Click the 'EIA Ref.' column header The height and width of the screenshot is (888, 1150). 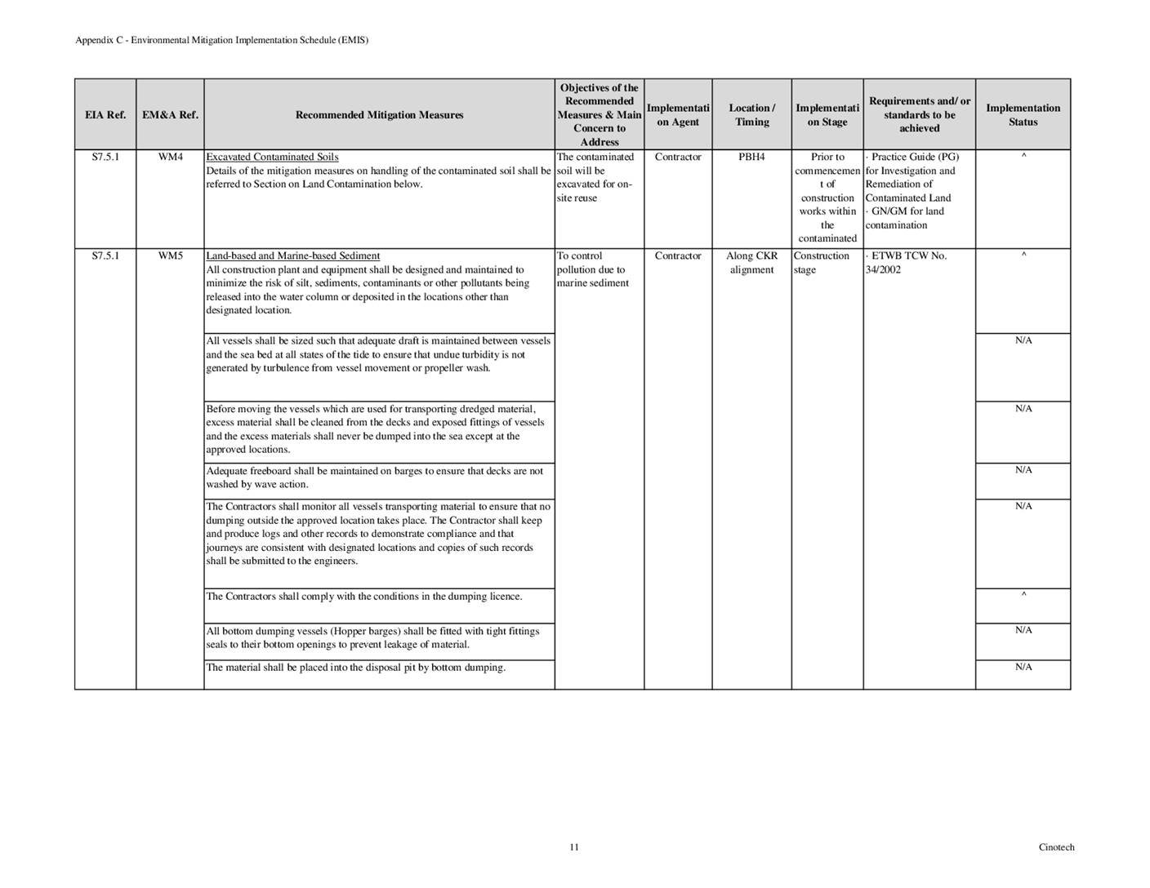click(x=105, y=115)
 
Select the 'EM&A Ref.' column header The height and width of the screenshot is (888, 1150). click(x=170, y=115)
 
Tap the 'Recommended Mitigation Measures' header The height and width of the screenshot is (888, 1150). click(x=379, y=115)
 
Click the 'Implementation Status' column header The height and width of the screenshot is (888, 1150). click(x=1023, y=115)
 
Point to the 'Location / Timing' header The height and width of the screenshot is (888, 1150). click(x=751, y=115)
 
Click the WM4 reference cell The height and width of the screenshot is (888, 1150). click(x=170, y=157)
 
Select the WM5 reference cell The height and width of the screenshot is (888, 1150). click(x=170, y=256)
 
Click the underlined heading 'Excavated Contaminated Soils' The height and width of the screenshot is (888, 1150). click(x=272, y=157)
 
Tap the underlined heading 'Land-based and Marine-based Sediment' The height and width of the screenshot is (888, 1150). click(x=292, y=256)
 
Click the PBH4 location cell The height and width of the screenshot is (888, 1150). click(x=751, y=157)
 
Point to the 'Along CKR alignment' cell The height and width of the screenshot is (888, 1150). click(x=751, y=263)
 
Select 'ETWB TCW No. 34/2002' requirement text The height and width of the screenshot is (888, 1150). click(x=905, y=263)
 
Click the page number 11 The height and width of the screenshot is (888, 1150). click(x=574, y=847)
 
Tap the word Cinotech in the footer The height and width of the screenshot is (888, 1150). click(x=1056, y=847)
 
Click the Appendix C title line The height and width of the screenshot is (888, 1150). click(x=221, y=40)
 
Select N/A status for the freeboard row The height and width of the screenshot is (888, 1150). click(x=1023, y=470)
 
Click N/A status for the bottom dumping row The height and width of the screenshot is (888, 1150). click(x=1023, y=667)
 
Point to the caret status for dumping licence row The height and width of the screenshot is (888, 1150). click(x=1023, y=595)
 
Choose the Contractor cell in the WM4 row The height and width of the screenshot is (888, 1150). click(x=678, y=157)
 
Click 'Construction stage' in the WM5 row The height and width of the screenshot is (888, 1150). click(x=821, y=263)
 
